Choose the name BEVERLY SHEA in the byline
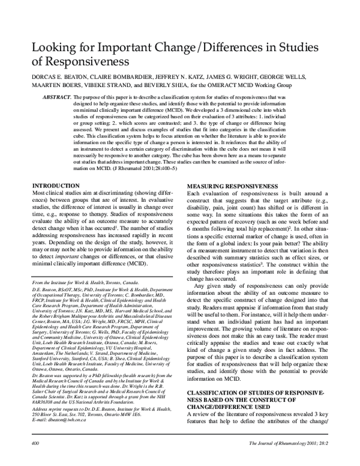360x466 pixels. (x=159, y=86)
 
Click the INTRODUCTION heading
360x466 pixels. (x=56, y=187)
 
